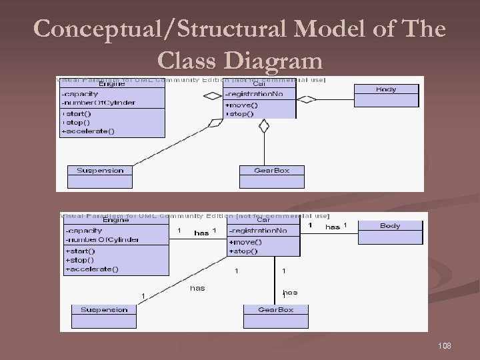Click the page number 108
(x=445, y=345)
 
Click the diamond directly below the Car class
(x=264, y=125)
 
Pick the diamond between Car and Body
(x=306, y=100)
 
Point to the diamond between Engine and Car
(x=212, y=96)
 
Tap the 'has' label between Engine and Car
(x=201, y=233)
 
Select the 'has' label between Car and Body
(x=332, y=227)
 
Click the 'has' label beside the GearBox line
(x=290, y=292)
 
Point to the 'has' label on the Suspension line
(x=197, y=288)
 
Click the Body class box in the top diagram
(x=385, y=95)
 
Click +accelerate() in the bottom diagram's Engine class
(x=91, y=269)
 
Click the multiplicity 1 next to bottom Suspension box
(x=142, y=296)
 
